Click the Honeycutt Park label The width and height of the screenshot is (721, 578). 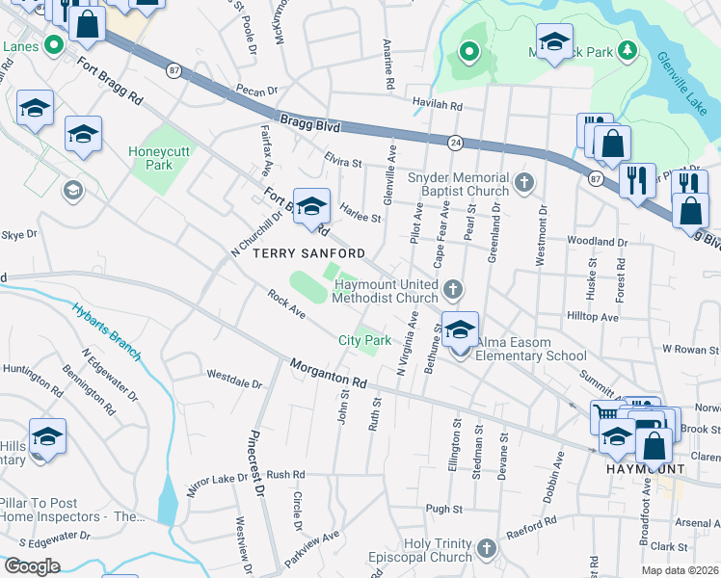150,158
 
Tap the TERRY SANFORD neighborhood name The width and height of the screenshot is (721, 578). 308,253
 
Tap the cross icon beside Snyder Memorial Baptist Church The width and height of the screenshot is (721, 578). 523,182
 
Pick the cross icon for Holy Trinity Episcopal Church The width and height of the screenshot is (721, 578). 486,549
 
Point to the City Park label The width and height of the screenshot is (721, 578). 364,340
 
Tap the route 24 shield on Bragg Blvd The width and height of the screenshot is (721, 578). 454,143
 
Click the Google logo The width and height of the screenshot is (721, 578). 32,565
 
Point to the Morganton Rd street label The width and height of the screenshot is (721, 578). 328,373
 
